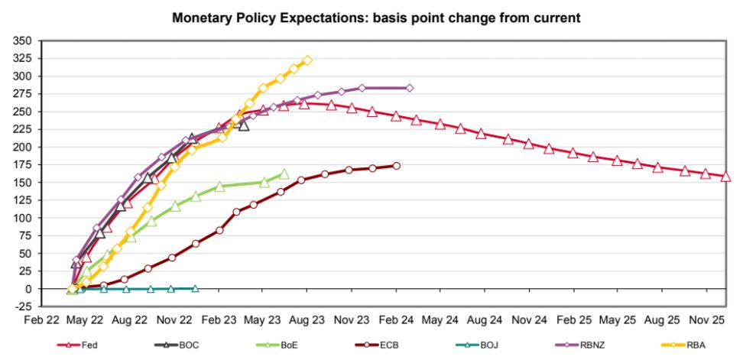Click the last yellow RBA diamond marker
tap(307, 60)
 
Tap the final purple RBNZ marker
tap(410, 88)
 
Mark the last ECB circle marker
tap(397, 165)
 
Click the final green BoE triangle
tap(284, 174)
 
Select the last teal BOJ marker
tap(195, 289)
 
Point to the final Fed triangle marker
tap(725, 177)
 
